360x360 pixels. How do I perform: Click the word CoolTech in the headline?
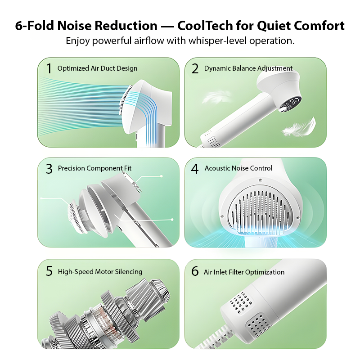[205, 26]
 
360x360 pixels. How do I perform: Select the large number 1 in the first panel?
[49, 68]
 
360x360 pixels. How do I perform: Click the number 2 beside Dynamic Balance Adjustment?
[195, 68]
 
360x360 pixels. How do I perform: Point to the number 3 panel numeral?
[49, 169]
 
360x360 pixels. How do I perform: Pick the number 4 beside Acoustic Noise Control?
[195, 169]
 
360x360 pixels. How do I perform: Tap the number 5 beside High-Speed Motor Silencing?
[49, 271]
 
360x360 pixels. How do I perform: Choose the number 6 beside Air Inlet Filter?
[195, 271]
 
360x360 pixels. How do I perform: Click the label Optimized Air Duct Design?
[97, 68]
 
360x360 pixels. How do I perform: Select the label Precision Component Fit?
[94, 168]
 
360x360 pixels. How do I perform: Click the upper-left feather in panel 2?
[216, 97]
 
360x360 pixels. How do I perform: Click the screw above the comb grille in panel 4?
[260, 180]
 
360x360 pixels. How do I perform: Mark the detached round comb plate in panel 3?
[75, 217]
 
